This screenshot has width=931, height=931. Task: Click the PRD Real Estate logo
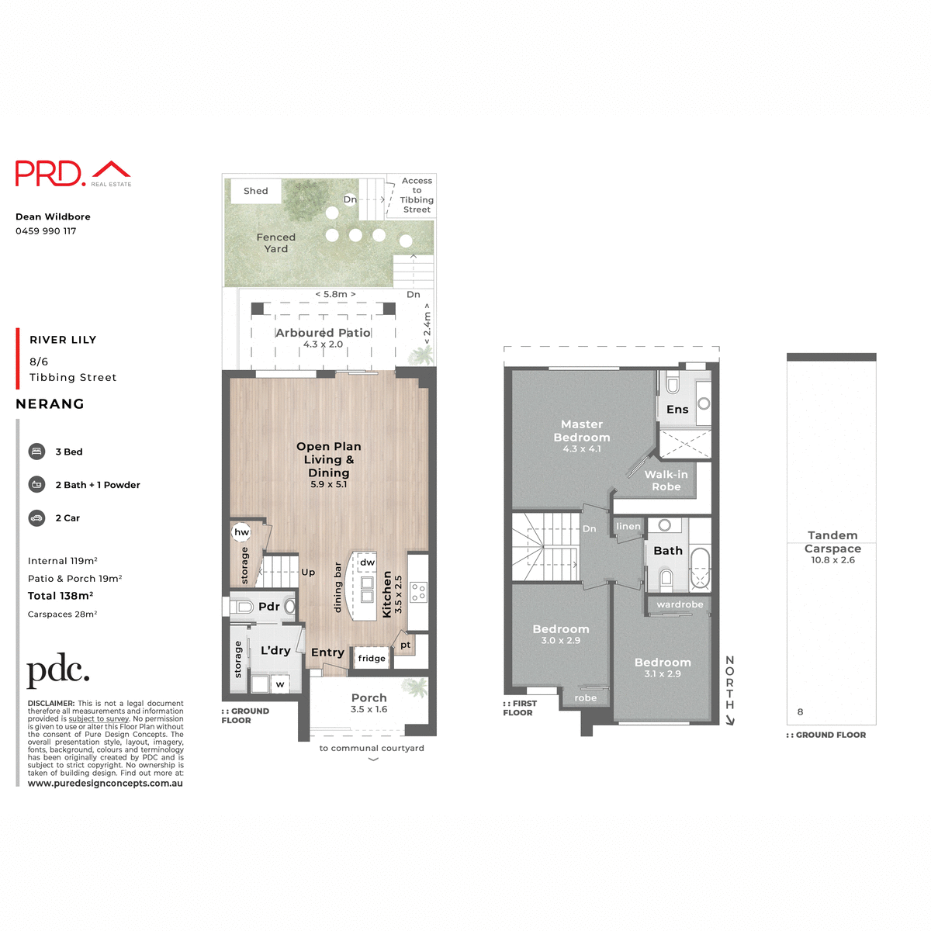(73, 173)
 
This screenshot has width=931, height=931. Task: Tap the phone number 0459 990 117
(46, 231)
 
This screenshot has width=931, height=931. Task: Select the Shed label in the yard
(255, 191)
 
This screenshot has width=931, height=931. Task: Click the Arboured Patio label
(323, 333)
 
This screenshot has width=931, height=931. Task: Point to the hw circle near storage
(242, 532)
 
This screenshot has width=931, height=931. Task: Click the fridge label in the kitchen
(372, 659)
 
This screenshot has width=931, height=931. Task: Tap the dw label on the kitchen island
(367, 562)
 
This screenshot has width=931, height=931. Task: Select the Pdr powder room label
(268, 607)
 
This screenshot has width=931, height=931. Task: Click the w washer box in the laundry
(280, 684)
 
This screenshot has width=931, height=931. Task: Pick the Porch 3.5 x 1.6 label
(369, 703)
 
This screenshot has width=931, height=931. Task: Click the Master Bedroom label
(582, 431)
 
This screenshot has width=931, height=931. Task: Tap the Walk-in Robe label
(666, 480)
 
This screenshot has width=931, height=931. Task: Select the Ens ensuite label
(677, 410)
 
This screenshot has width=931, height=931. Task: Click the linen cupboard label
(628, 527)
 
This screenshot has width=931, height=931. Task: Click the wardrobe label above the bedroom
(680, 604)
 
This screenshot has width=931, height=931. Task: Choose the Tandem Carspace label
(832, 542)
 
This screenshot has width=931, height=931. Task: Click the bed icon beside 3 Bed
(36, 452)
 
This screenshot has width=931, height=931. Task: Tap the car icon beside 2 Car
(36, 517)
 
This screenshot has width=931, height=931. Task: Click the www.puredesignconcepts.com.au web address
(106, 784)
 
